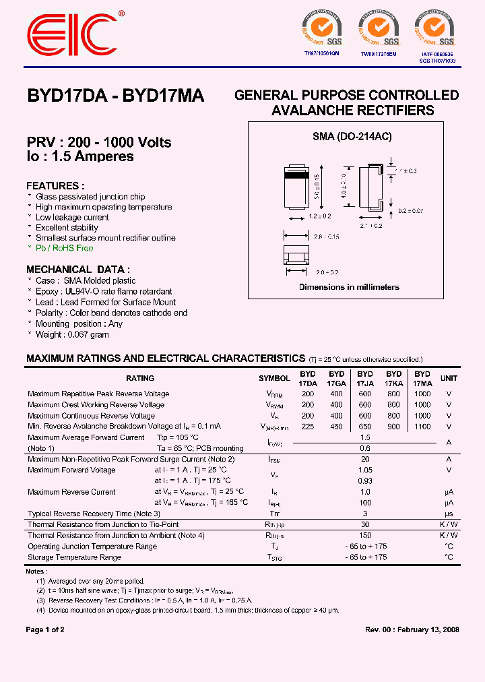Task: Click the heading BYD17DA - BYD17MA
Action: point(115,96)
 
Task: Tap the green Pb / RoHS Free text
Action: point(65,248)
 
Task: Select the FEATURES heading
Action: point(55,186)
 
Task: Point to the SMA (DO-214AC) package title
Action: point(352,136)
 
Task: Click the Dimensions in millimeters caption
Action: point(349,287)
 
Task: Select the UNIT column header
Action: point(449,379)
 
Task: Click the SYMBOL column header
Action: point(274,379)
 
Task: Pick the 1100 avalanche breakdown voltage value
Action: point(422,427)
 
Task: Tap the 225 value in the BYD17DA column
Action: point(308,427)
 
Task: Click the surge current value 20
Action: point(365,459)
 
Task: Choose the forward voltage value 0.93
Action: point(365,480)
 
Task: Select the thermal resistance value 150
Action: point(365,535)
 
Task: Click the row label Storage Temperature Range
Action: point(74,557)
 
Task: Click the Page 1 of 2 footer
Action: point(45,629)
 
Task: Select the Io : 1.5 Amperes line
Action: point(80,156)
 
